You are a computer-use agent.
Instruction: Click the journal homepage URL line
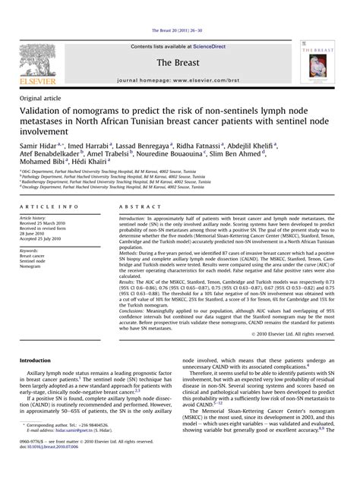(179, 79)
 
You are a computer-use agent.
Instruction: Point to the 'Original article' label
(43, 99)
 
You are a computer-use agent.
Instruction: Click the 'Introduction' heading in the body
(39, 359)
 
